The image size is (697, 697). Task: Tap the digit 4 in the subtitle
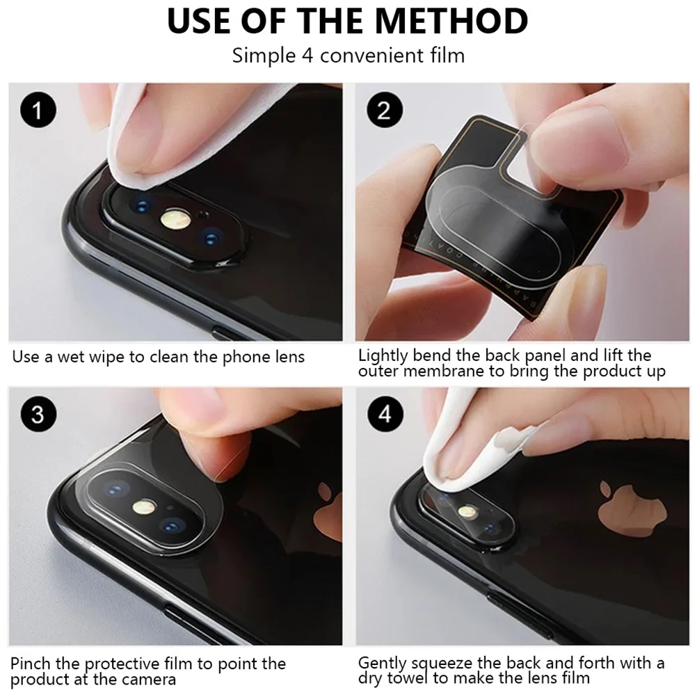pos(307,56)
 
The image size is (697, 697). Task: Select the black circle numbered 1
pos(38,110)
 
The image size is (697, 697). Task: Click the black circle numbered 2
pos(385,110)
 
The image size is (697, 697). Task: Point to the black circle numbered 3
pos(38,414)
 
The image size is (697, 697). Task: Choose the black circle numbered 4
pos(385,414)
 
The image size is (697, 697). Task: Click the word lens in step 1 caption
pos(289,357)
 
